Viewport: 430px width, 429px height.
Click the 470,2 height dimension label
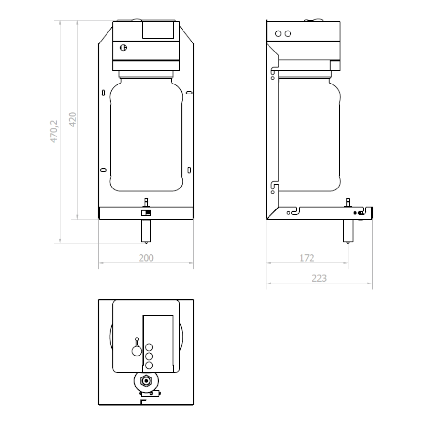pos(54,131)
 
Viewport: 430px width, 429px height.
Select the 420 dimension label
pos(73,119)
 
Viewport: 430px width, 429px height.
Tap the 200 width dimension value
pos(146,258)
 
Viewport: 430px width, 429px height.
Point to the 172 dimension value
pos(307,258)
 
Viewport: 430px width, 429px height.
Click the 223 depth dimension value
pos(319,278)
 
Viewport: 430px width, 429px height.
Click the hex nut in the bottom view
pos(146,381)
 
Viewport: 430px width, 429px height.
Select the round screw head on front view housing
pos(123,48)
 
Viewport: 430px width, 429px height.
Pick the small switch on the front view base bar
pos(146,213)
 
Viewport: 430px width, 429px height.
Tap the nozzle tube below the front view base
pos(146,231)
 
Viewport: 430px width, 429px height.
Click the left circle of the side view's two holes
pos(279,34)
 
